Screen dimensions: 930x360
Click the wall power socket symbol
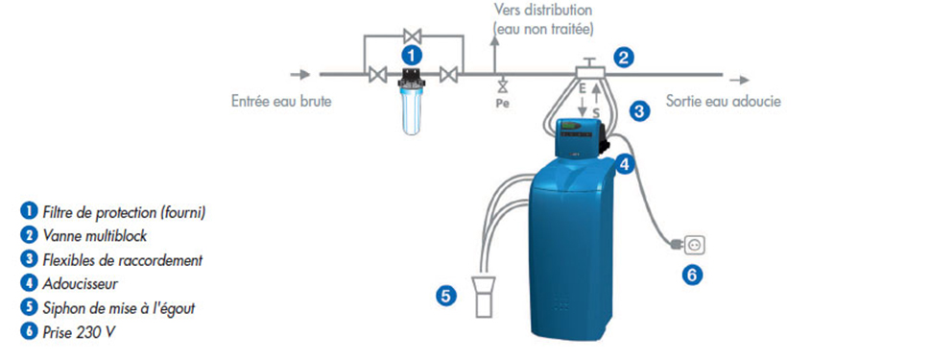point(695,245)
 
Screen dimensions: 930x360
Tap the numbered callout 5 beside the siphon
point(446,296)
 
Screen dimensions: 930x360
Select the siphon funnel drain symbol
point(484,296)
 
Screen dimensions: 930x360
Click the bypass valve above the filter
point(412,36)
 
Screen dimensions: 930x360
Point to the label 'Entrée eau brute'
point(281,102)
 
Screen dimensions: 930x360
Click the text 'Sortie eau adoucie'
point(723,101)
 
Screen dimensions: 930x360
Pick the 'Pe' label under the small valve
point(502,103)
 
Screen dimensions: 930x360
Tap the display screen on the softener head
point(572,127)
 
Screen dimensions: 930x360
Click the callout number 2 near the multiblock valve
point(623,58)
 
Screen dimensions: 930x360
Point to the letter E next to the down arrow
point(583,87)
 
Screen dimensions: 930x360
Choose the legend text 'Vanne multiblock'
point(95,235)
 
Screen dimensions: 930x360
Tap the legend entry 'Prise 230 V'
point(79,332)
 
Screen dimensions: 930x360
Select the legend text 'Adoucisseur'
point(80,284)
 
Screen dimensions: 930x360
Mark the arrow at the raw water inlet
point(300,75)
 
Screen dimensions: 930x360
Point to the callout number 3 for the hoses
point(639,111)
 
